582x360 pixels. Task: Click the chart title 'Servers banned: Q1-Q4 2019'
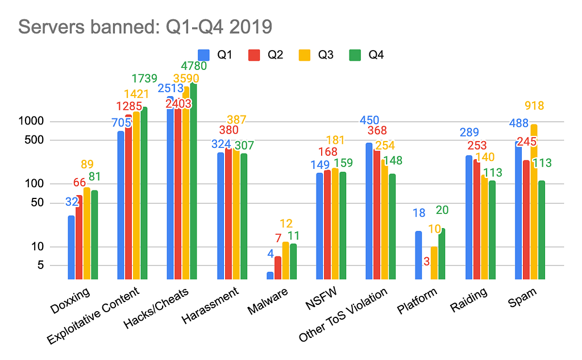coord(145,27)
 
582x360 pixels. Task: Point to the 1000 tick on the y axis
coord(37,122)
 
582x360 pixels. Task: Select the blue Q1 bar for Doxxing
coord(72,247)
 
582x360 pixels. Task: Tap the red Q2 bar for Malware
coord(278,268)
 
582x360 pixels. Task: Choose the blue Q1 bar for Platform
coord(419,255)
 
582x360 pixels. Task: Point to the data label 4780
coord(194,66)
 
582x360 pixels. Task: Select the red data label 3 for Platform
coord(426,261)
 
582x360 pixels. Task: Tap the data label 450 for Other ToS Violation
coord(369,120)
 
